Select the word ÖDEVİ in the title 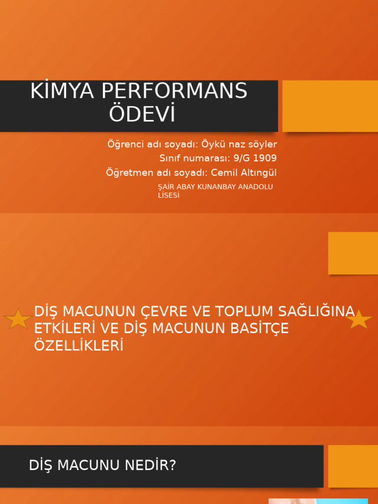142,114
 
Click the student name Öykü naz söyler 239,145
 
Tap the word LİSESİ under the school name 168,195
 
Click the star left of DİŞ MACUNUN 18,319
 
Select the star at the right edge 359,319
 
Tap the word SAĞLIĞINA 316,312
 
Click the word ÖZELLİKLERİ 78,346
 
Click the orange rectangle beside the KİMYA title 330,106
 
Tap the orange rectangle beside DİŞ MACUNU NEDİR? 353,466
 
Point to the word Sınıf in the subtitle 170,158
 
